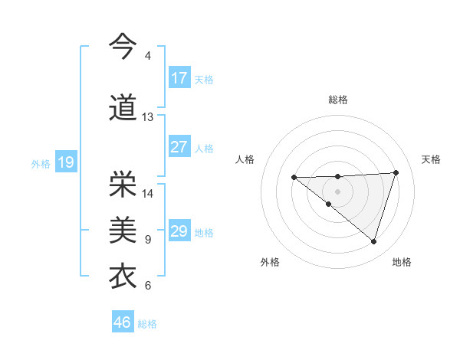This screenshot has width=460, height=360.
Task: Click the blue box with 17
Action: point(179,78)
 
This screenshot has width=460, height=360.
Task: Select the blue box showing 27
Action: point(179,147)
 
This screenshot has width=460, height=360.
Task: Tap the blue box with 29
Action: point(179,231)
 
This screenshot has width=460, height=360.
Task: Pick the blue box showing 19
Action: point(66,162)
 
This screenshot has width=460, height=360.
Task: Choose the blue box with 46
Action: point(123,322)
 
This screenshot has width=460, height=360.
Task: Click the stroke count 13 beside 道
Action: point(148,117)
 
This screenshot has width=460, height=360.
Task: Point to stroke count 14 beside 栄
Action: point(148,193)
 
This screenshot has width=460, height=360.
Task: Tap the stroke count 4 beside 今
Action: point(148,56)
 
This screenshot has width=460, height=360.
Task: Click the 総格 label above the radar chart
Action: point(338,100)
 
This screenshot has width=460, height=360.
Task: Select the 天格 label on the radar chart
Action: point(431,159)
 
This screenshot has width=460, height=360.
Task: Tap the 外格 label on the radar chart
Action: point(270,262)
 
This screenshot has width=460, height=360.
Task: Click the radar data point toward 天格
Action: point(396,172)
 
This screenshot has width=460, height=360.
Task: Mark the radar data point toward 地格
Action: point(373,241)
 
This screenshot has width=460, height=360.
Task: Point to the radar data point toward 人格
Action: point(294,178)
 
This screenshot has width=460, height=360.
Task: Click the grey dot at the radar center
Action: point(337,191)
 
